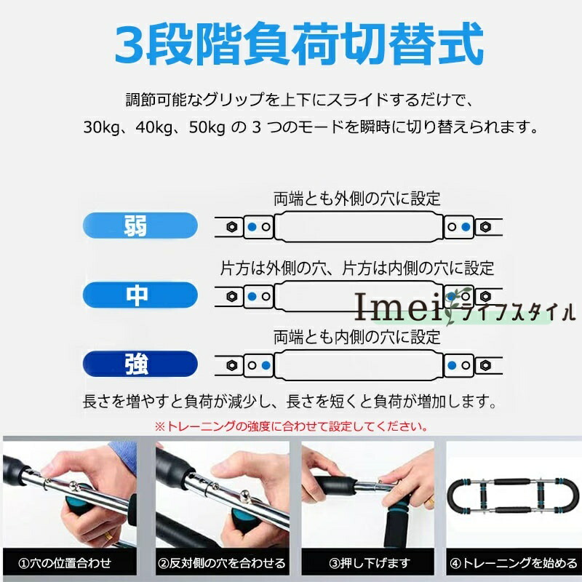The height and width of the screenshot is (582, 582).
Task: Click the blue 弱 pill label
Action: (x=140, y=226)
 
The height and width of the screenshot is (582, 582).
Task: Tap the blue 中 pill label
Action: (x=140, y=295)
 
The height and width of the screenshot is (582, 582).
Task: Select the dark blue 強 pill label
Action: (x=140, y=364)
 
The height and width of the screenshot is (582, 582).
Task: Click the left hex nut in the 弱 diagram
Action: (x=232, y=226)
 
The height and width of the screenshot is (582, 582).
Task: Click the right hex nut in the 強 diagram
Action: (x=485, y=365)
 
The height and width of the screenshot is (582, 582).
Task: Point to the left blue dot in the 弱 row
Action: (x=252, y=227)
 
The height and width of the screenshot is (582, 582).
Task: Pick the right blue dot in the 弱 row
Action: (x=466, y=227)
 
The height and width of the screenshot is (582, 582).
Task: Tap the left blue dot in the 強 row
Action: (x=266, y=365)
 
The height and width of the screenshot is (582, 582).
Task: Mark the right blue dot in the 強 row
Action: (x=452, y=365)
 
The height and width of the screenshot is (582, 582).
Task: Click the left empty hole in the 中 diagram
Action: (x=266, y=296)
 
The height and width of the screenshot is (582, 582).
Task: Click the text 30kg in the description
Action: (x=102, y=127)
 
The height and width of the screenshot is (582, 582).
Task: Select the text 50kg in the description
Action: (x=207, y=127)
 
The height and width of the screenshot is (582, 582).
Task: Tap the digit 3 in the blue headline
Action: (x=129, y=44)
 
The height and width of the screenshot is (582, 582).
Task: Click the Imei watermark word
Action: (x=398, y=307)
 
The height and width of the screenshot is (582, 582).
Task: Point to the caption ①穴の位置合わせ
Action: (x=65, y=563)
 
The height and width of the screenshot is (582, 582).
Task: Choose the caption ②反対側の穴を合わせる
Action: (x=222, y=563)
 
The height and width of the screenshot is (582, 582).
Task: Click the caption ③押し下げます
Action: (x=370, y=563)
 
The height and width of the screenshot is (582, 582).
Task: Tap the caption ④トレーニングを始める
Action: (x=514, y=563)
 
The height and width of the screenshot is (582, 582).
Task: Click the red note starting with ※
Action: (x=291, y=426)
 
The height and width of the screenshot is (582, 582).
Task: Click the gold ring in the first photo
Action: (x=108, y=536)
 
